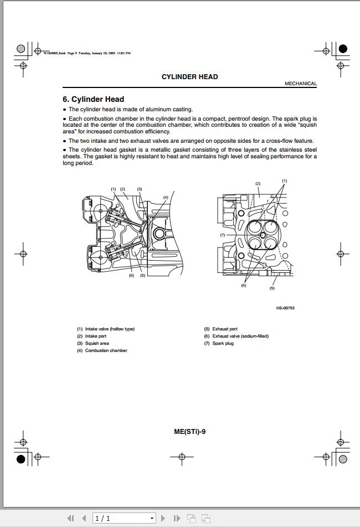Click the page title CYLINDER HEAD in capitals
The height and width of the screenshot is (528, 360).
[x=189, y=77]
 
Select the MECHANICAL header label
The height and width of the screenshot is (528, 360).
[x=301, y=84]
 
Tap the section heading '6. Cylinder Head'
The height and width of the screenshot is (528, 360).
[x=93, y=100]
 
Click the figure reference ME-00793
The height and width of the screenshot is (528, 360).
[x=285, y=308]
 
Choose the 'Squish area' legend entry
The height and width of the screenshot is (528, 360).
[x=97, y=343]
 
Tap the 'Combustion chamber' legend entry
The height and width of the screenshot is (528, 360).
[x=106, y=350]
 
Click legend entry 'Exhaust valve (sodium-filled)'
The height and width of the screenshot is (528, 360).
[x=240, y=336]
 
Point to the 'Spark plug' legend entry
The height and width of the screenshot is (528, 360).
[x=223, y=343]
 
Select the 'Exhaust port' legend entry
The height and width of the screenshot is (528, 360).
[x=225, y=329]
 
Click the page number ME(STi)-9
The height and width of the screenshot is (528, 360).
[x=189, y=432]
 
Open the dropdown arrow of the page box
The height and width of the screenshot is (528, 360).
[x=152, y=519]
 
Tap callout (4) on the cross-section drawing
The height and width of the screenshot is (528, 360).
[x=166, y=198]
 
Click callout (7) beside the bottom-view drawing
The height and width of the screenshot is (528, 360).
[x=222, y=235]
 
